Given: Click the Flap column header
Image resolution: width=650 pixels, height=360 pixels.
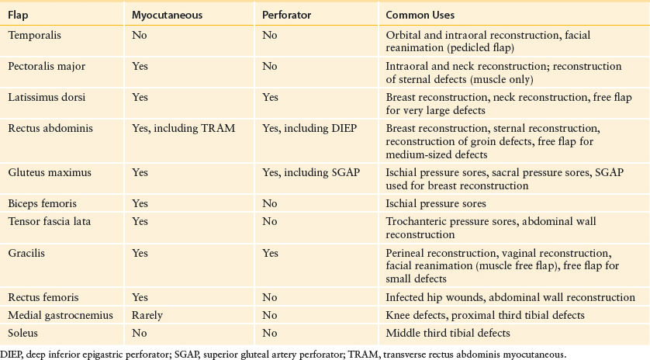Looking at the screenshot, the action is click(x=18, y=16).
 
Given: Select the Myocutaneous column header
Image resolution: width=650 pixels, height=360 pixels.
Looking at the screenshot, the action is click(x=167, y=16).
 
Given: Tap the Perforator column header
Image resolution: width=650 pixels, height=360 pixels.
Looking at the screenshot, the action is click(x=286, y=16).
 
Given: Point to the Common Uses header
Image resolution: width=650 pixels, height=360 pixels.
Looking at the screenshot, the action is click(x=420, y=16).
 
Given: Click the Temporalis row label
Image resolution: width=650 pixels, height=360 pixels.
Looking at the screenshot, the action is click(x=34, y=35).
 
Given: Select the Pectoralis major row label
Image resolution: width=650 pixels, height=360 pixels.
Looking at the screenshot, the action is click(x=47, y=67).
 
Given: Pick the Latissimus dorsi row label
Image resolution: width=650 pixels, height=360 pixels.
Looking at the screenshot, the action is click(x=47, y=97).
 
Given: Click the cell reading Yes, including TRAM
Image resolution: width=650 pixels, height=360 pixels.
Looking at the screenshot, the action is click(x=183, y=129).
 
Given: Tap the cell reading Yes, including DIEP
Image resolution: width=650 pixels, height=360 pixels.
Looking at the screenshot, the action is click(x=309, y=129).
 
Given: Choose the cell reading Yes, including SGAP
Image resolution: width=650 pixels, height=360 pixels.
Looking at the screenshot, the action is click(x=311, y=172).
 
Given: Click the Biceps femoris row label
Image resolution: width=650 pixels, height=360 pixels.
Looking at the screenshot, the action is click(x=43, y=203).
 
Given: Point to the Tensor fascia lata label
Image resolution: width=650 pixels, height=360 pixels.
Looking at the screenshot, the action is click(x=50, y=221).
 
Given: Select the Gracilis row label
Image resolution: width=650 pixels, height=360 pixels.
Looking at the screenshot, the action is click(x=26, y=253).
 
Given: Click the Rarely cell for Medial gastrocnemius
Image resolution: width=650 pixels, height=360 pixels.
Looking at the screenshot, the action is click(x=147, y=316).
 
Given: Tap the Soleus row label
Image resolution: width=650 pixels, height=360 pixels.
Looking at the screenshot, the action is click(x=22, y=333).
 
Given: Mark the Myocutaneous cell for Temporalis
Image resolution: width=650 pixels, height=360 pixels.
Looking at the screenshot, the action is click(x=140, y=35).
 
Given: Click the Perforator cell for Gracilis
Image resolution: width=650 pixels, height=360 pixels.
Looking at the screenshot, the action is click(x=270, y=253).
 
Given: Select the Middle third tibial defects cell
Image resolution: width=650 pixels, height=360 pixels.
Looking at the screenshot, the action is click(x=448, y=333).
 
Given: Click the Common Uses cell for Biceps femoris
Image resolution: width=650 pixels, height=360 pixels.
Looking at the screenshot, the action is click(x=436, y=203).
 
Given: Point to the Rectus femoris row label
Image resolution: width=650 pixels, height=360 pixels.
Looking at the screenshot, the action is click(x=43, y=297).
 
